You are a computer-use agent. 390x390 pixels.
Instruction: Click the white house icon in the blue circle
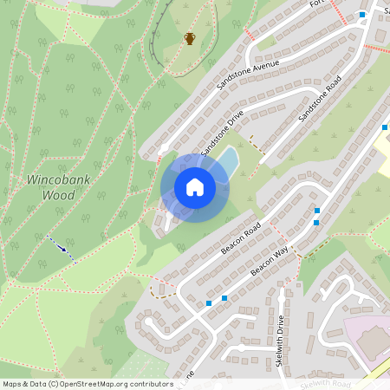pos(195,186)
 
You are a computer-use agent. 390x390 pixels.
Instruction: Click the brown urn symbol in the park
pos(190,38)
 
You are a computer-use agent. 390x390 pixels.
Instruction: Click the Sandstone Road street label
pos(321,102)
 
